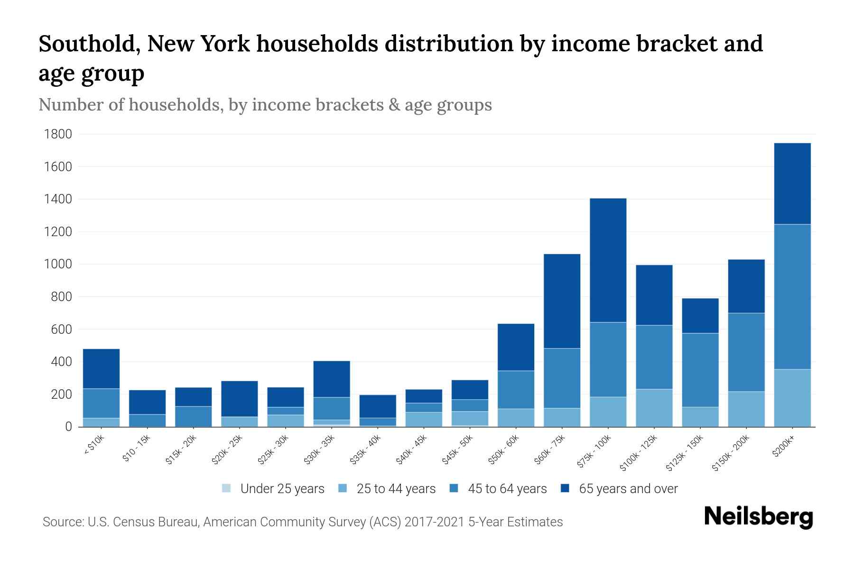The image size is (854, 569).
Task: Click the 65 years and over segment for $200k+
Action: (792, 184)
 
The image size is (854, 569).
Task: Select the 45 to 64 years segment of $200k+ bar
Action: (792, 296)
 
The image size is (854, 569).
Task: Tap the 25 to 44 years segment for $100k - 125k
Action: (654, 408)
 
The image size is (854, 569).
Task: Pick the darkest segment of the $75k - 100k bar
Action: (608, 260)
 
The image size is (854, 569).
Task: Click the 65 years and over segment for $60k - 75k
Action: (562, 301)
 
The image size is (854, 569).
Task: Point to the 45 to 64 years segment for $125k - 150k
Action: (700, 370)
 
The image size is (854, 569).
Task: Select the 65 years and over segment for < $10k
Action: (101, 368)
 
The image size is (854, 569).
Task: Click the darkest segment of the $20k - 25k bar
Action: (239, 399)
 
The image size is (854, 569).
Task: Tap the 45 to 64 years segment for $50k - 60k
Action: (516, 389)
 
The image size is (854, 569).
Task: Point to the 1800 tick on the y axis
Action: (58, 134)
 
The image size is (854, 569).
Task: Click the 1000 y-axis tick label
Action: (58, 264)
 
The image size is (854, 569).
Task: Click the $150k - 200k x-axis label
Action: (731, 453)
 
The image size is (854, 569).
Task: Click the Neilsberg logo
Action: (758, 517)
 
